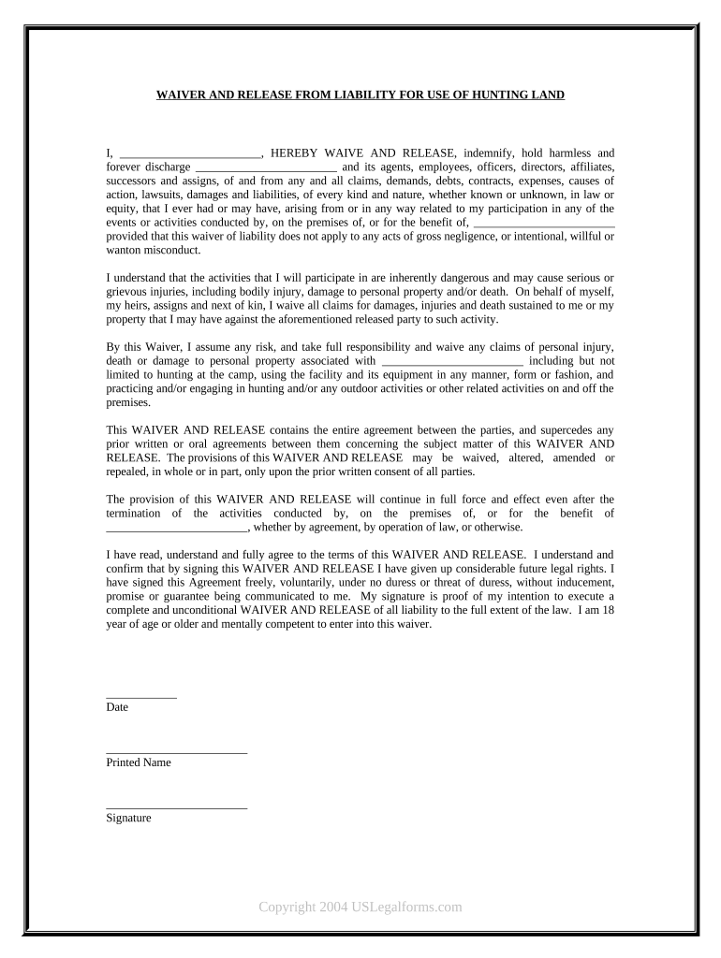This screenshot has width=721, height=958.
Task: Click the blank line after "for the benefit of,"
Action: (x=545, y=223)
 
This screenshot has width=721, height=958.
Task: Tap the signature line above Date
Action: (x=141, y=697)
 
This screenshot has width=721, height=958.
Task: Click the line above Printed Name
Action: (x=176, y=752)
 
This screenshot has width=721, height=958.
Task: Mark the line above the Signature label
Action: (x=176, y=807)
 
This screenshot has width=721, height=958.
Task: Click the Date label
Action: (x=118, y=708)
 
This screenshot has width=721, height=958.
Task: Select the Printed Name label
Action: (x=139, y=763)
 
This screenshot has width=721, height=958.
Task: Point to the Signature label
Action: (x=129, y=819)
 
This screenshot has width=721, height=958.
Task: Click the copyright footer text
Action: (x=360, y=907)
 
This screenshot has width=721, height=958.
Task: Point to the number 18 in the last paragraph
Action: (x=608, y=610)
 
